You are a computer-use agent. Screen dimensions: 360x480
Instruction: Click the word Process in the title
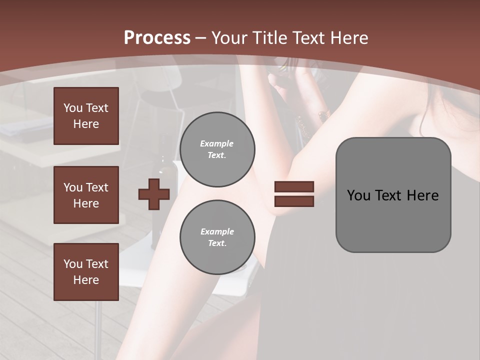coord(157,37)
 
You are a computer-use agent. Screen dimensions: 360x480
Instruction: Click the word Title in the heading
coord(270,37)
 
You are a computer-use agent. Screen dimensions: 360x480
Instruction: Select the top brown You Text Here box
coord(86,116)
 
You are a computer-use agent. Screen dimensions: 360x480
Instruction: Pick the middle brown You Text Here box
coord(86,195)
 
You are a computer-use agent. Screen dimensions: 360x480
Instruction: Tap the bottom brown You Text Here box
coord(86,272)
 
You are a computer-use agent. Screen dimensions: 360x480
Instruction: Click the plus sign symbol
coord(154,194)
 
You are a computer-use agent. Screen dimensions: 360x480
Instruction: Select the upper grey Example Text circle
coord(217,149)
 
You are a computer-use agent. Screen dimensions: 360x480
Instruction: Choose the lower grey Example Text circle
coord(217,237)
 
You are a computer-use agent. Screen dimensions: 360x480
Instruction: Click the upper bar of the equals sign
coord(294,187)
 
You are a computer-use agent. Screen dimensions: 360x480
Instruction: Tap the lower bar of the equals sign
coord(294,201)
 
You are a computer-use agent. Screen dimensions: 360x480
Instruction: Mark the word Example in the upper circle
coord(217,143)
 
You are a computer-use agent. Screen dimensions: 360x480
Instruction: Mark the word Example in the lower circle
coord(217,231)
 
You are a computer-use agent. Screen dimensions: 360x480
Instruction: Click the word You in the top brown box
coord(72,108)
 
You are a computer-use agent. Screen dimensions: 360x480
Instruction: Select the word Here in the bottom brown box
coord(86,280)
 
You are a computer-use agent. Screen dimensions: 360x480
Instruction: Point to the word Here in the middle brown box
coord(86,203)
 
